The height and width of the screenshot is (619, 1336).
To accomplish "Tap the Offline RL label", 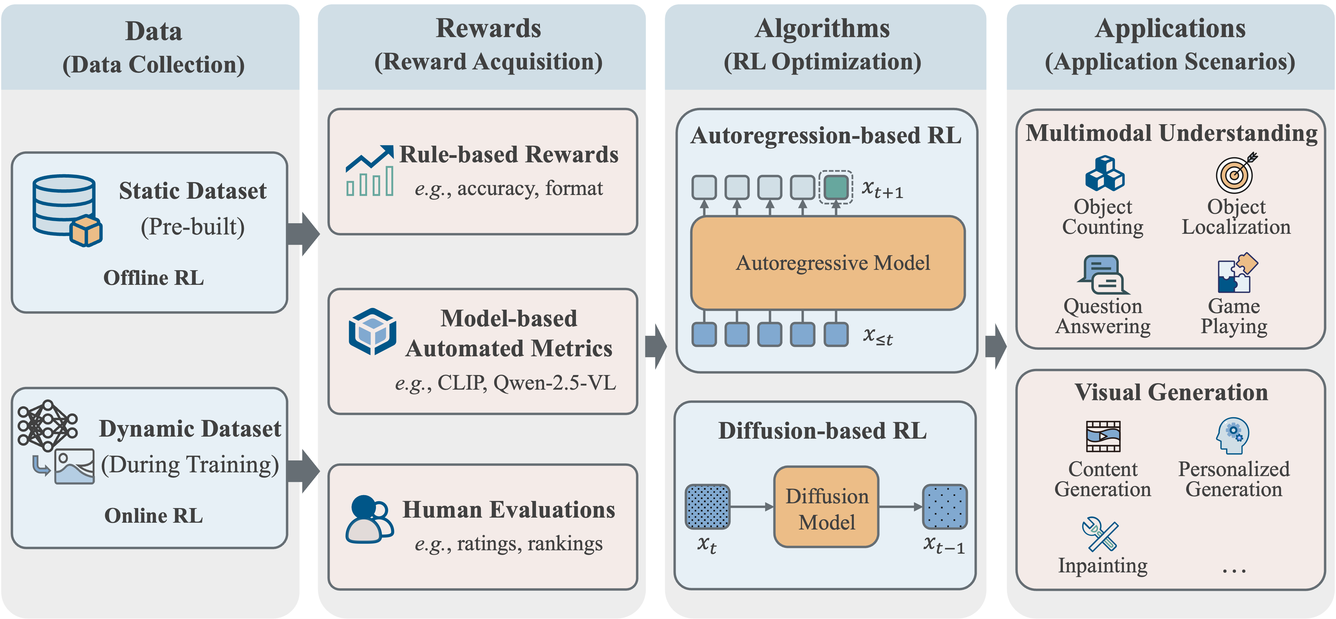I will tap(154, 278).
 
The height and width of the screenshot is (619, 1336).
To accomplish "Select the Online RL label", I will tap(154, 516).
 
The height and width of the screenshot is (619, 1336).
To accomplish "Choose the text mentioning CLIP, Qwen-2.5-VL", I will tap(506, 383).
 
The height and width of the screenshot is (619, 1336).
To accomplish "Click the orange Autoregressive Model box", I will tap(828, 263).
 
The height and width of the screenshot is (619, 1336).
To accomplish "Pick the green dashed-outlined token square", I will tap(835, 187).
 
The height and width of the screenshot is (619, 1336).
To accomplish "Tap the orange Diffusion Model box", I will tap(826, 507).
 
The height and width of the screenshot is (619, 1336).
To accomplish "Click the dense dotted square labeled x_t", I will tap(707, 506).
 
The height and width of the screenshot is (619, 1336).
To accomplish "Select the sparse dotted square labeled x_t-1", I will tap(944, 506).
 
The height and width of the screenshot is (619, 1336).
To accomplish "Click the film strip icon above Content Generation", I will tap(1103, 437).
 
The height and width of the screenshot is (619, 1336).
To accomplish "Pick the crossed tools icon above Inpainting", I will tap(1100, 534).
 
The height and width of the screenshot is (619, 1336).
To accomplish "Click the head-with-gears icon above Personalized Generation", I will tap(1233, 436).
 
